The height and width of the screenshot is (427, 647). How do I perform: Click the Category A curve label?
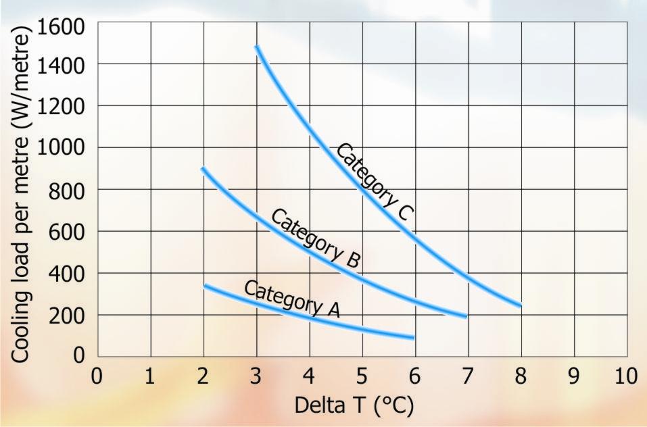click(291, 298)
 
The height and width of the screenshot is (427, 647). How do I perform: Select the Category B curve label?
click(316, 238)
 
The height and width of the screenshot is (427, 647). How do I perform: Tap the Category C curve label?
click(374, 181)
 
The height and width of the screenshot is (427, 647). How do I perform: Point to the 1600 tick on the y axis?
click(62, 26)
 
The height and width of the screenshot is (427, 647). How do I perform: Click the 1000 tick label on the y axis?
click(62, 147)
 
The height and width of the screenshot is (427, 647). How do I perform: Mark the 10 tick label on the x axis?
click(627, 376)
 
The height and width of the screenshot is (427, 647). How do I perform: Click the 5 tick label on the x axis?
click(362, 376)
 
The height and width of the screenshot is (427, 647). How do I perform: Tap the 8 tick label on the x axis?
click(521, 376)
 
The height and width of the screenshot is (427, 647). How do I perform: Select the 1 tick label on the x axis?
click(150, 376)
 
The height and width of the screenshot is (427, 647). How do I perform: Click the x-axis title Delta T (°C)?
click(353, 407)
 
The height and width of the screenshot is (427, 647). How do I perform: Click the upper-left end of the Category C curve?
click(257, 47)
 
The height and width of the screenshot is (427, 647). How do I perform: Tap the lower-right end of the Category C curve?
click(521, 305)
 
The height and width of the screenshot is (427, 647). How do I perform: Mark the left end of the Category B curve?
click(203, 168)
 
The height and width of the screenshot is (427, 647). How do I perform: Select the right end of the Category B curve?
click(466, 316)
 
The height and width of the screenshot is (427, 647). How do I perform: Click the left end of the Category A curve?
click(205, 286)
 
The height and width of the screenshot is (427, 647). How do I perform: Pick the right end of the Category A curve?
click(412, 336)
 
